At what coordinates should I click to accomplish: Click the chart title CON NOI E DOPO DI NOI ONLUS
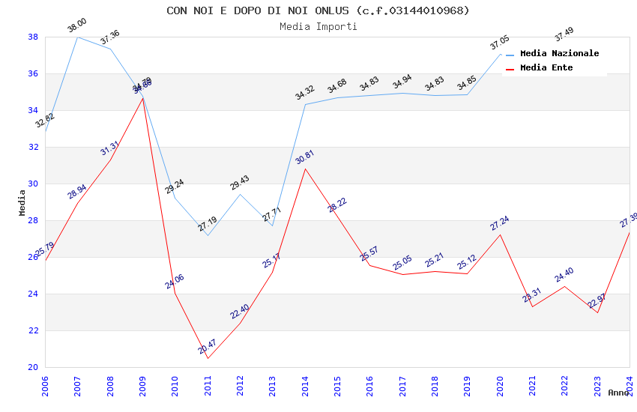pos(318,10)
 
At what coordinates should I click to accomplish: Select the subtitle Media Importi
pos(318,26)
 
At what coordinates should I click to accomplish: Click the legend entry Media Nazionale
pos(559,53)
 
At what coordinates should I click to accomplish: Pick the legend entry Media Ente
pos(546,67)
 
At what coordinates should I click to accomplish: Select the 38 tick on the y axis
pos(33,37)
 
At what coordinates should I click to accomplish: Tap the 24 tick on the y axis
pos(33,294)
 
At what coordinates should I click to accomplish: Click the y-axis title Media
pos(22,202)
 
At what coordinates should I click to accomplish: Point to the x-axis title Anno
pos(618,393)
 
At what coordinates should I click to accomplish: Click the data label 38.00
pos(76,25)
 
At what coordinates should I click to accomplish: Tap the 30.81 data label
pos(304,157)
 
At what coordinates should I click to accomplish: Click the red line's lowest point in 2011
pos(208,358)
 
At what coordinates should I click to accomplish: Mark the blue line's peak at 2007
pos(78,37)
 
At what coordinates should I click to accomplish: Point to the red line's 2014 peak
pos(305,169)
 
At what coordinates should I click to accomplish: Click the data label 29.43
pos(240,183)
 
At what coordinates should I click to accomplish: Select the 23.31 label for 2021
pos(531,295)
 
